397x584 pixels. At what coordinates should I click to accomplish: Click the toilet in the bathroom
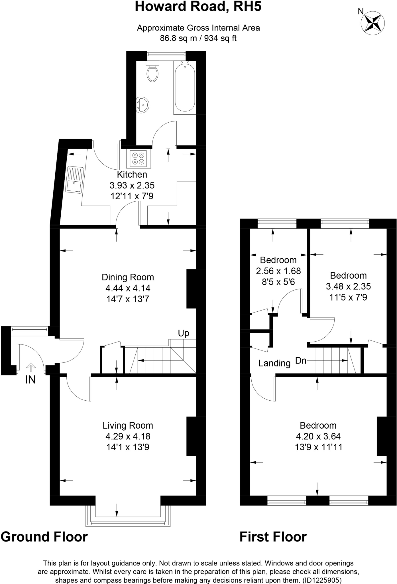click(x=152, y=73)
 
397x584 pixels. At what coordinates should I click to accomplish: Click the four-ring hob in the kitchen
click(x=138, y=159)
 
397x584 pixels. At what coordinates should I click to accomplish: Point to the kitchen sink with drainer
click(x=75, y=180)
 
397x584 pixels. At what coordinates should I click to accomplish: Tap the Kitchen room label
click(x=132, y=175)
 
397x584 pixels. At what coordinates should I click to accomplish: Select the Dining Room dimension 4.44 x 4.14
click(x=128, y=288)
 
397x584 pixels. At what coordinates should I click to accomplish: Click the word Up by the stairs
click(x=184, y=333)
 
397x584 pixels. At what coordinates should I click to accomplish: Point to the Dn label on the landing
click(x=301, y=361)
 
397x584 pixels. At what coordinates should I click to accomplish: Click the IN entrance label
click(x=30, y=380)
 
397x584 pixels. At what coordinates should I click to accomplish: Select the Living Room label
click(x=128, y=426)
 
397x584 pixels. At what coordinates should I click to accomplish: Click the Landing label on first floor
click(x=274, y=363)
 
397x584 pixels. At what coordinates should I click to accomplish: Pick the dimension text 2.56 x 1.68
click(x=278, y=271)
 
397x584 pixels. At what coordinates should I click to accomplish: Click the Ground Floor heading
click(x=44, y=537)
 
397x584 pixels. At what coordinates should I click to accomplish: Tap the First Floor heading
click(x=273, y=537)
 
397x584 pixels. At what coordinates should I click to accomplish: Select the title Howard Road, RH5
click(x=198, y=7)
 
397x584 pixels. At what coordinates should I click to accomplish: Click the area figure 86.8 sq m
click(x=178, y=38)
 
